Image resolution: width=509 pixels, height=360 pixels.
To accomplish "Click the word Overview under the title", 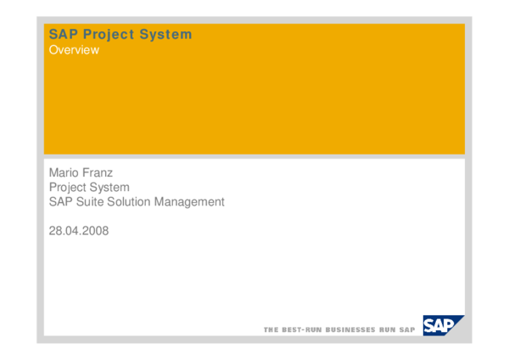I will pyautogui.click(x=74, y=50).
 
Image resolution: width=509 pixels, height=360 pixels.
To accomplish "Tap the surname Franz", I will pyautogui.click(x=98, y=172).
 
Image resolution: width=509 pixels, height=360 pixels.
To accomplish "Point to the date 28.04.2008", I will pyautogui.click(x=79, y=230).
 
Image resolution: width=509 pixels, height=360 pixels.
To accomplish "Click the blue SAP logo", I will pyautogui.click(x=444, y=325).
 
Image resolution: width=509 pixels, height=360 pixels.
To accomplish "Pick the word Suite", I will pyautogui.click(x=89, y=202).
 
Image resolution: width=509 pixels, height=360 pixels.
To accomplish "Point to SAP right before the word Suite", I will pyautogui.click(x=60, y=202).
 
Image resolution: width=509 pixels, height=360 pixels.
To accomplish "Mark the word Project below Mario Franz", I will pyautogui.click(x=67, y=187).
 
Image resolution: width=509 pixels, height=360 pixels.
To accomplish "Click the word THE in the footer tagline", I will pyautogui.click(x=271, y=329).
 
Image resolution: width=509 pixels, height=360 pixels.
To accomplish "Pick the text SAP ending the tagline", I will pyautogui.click(x=407, y=329).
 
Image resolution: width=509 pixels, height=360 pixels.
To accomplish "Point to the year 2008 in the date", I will pyautogui.click(x=95, y=230).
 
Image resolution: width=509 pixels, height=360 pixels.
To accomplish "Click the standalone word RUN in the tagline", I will pyautogui.click(x=388, y=329).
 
